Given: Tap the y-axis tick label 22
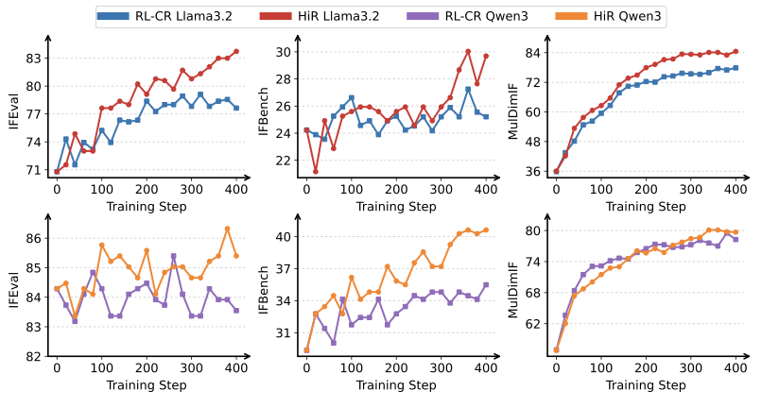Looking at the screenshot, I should click(x=281, y=160).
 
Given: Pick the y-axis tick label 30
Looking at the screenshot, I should click(x=281, y=52).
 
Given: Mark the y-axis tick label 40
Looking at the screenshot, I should click(x=281, y=236).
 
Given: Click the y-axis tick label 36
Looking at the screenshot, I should click(x=530, y=172).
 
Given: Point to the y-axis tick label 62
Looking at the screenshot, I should click(x=530, y=323).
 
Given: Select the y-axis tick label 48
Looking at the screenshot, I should click(x=530, y=142).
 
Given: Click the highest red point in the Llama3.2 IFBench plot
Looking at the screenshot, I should click(x=468, y=51).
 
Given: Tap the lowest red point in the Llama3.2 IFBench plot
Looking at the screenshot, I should click(x=316, y=171).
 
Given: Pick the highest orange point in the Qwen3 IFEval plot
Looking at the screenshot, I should click(x=227, y=229).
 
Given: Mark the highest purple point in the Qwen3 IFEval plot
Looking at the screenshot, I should click(x=174, y=256).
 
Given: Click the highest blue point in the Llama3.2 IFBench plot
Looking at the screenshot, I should click(x=468, y=89).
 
